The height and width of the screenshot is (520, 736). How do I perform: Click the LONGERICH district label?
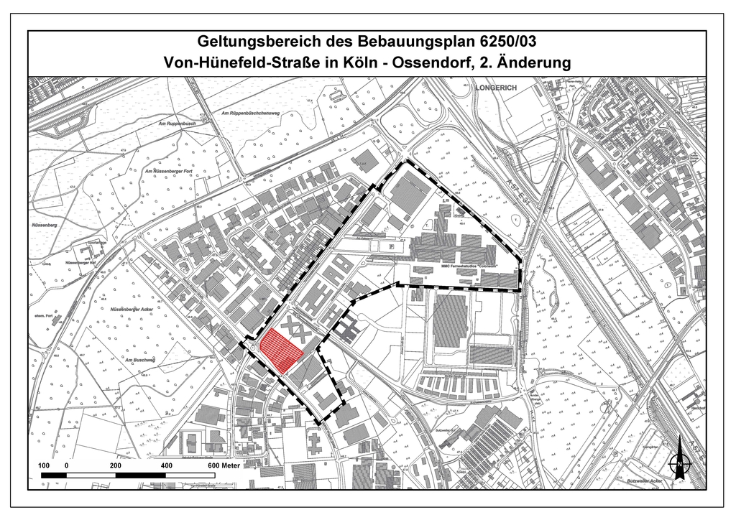[496, 88]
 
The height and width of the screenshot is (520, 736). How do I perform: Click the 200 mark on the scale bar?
[116, 465]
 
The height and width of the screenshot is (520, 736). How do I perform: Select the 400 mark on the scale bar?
[166, 465]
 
